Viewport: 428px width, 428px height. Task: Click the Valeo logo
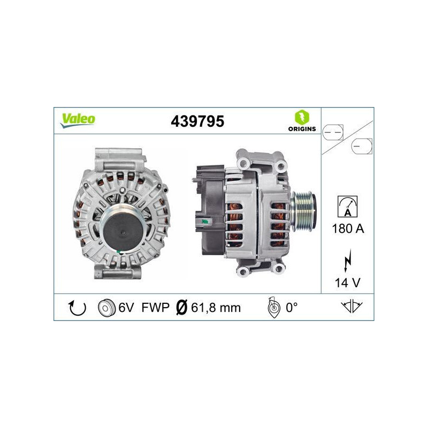77,120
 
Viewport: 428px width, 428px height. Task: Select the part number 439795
197,121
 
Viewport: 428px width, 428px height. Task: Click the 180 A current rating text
348,229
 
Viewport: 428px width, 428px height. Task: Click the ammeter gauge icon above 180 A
348,206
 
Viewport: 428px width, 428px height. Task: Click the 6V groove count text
126,308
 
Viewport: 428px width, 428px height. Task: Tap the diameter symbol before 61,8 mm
182,308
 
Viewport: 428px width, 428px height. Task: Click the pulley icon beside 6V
107,308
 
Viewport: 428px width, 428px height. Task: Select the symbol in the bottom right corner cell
351,307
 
